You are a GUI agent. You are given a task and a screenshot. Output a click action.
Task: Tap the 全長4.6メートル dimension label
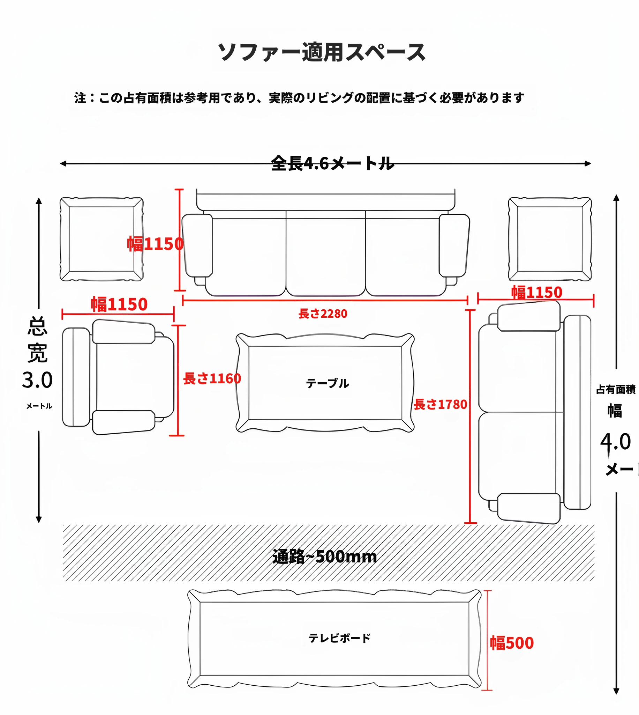click(x=332, y=164)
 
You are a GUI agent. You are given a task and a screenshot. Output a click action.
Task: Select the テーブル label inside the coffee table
click(x=327, y=383)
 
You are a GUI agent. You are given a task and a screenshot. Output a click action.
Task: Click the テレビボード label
click(x=339, y=638)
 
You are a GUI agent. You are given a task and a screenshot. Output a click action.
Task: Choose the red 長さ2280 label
click(x=323, y=314)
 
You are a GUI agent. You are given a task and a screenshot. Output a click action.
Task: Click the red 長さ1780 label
click(x=440, y=405)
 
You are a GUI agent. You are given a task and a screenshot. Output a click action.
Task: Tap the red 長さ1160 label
click(x=212, y=379)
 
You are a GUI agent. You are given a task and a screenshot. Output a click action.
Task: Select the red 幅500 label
click(x=512, y=643)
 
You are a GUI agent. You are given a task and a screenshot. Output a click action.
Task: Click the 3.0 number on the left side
click(x=37, y=380)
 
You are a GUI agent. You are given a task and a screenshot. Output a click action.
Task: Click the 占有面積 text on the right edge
click(x=616, y=389)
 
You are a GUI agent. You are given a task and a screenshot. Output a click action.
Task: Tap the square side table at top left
click(x=102, y=239)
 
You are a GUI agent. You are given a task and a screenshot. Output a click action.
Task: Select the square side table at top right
click(x=550, y=239)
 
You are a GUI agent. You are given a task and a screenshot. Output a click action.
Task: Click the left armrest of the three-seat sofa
click(x=197, y=245)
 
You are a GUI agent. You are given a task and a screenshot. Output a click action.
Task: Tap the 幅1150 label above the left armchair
click(x=119, y=304)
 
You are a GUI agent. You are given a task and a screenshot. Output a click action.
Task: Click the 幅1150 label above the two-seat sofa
click(x=536, y=292)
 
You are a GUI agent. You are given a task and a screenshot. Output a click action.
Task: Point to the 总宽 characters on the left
click(x=37, y=340)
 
